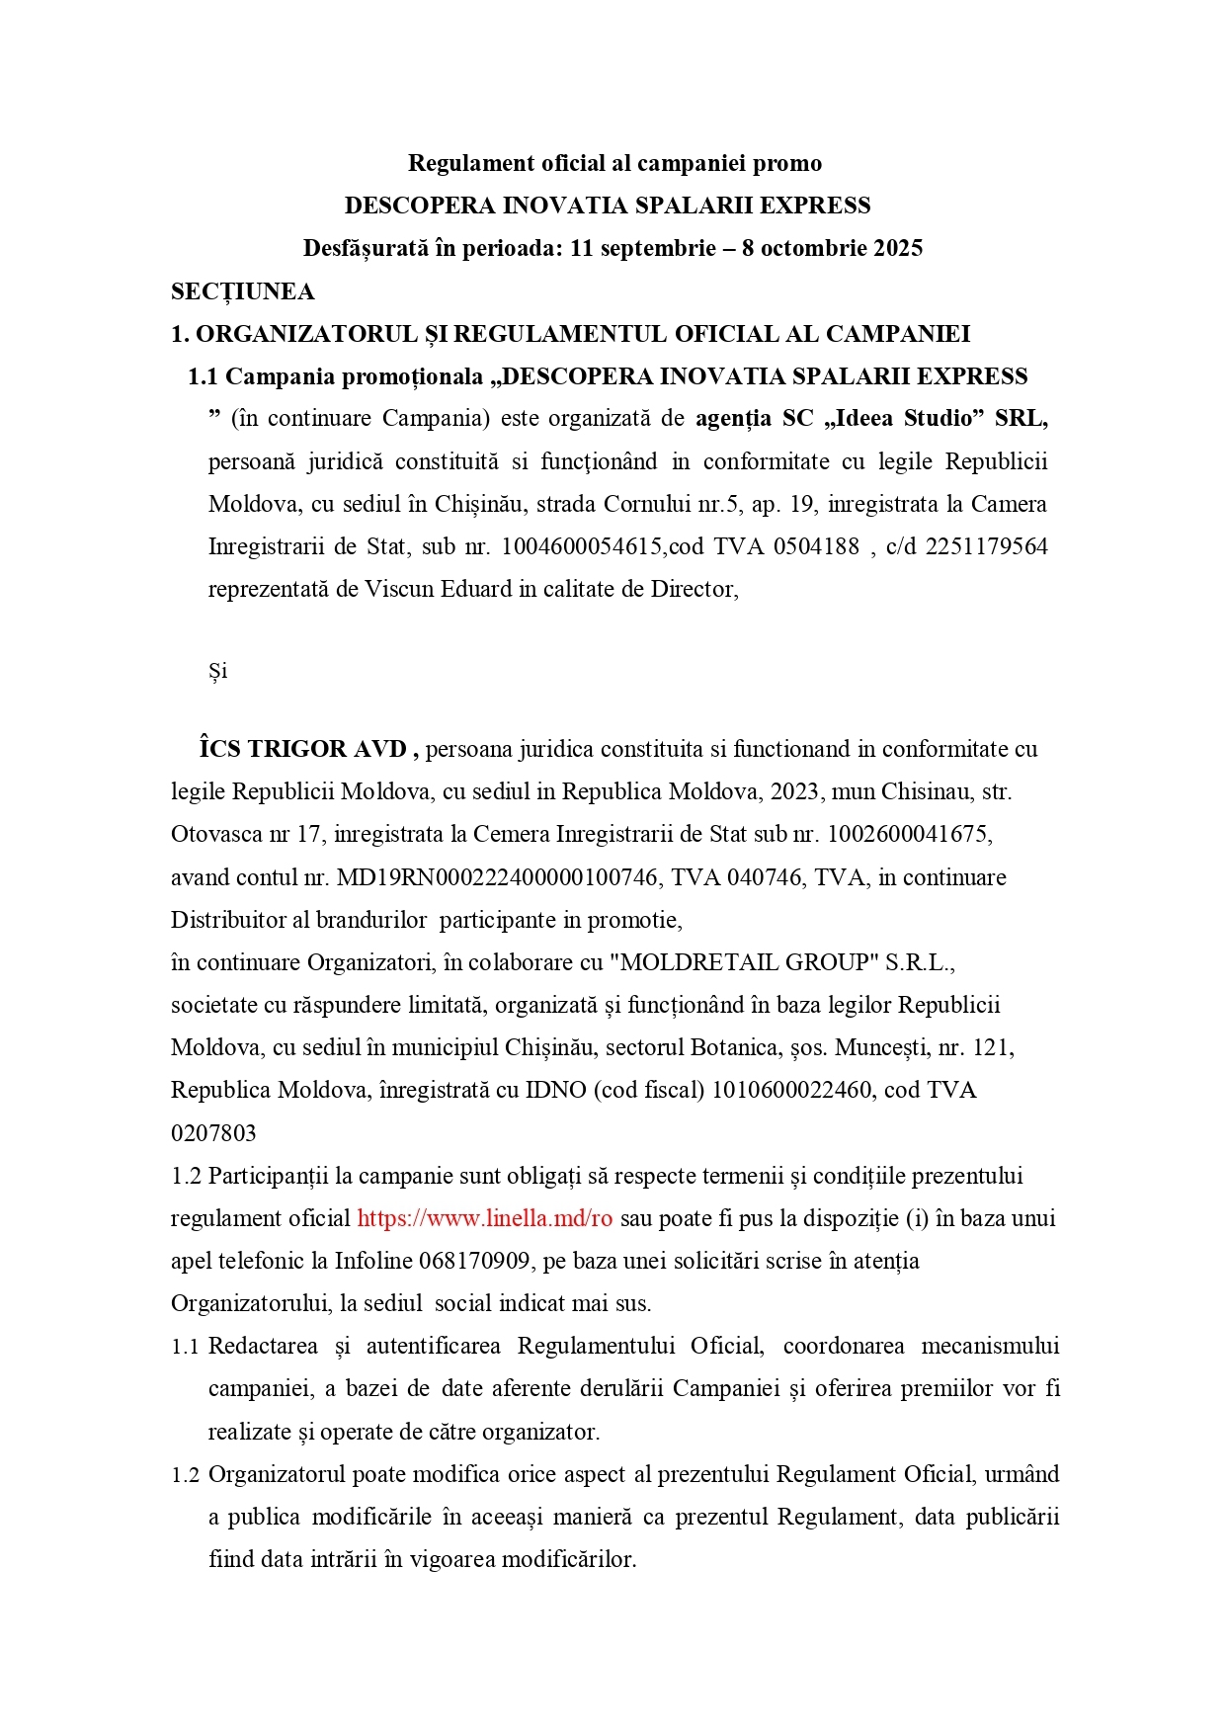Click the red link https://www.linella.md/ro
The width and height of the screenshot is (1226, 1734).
pos(485,1218)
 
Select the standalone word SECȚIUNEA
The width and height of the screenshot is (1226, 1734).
pos(243,291)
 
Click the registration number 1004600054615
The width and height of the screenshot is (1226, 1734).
pos(581,546)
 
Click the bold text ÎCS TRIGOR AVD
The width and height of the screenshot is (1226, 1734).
pos(305,749)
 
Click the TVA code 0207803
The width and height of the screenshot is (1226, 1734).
pos(213,1133)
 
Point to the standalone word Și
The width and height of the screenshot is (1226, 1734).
pos(217,671)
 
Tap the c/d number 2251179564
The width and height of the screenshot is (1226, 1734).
pos(986,546)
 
